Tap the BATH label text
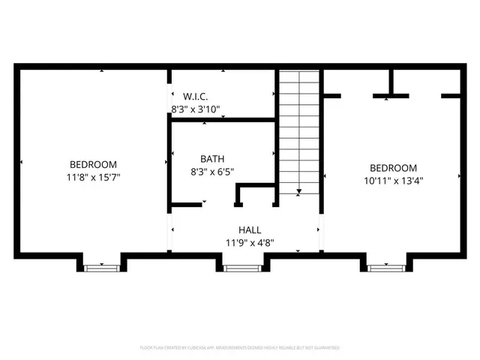click(x=211, y=159)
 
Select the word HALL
click(x=250, y=230)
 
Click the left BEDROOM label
click(x=93, y=165)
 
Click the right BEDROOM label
click(x=392, y=168)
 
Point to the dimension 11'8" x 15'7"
click(x=93, y=178)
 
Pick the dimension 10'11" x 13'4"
click(x=392, y=180)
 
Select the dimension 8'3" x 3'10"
click(x=199, y=109)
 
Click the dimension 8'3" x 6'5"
click(x=211, y=171)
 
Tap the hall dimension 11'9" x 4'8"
click(x=250, y=242)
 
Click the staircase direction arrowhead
click(x=299, y=192)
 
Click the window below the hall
click(x=241, y=265)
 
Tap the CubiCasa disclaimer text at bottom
click(x=240, y=348)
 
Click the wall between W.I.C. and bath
click(x=222, y=119)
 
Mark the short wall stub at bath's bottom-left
click(x=187, y=203)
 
